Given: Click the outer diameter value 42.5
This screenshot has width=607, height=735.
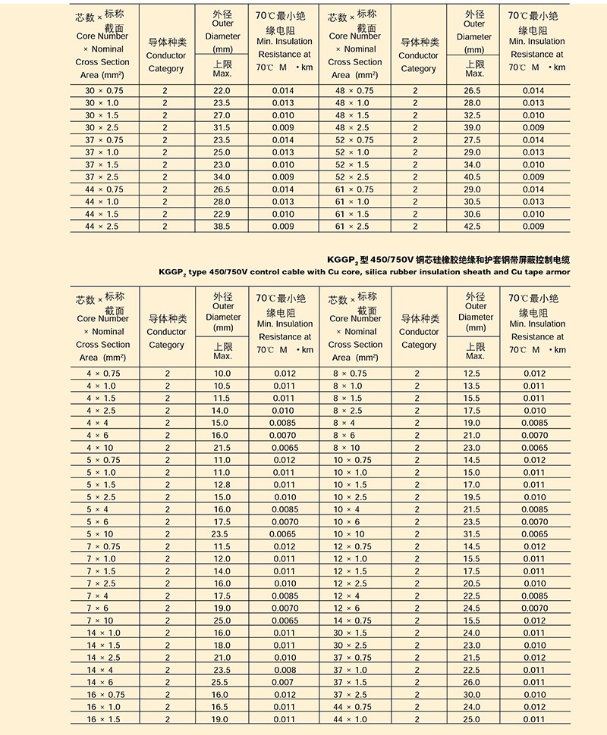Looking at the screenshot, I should pyautogui.click(x=472, y=226).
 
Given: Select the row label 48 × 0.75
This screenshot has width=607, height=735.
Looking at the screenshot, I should pyautogui.click(x=354, y=90).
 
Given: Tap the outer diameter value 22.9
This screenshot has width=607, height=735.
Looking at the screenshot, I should pyautogui.click(x=222, y=214).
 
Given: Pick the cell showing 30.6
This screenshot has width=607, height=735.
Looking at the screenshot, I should pyautogui.click(x=472, y=214).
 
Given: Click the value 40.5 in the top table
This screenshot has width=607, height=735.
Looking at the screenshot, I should pyautogui.click(x=472, y=177).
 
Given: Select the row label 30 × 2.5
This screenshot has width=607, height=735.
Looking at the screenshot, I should pyautogui.click(x=102, y=127).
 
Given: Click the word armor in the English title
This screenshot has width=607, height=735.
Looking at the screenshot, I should pyautogui.click(x=554, y=271).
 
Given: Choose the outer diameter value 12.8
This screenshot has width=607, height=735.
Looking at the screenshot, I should pyautogui.click(x=222, y=484).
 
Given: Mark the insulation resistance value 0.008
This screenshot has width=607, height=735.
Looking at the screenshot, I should pyautogui.click(x=285, y=670).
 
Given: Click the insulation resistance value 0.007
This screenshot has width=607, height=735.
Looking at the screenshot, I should pyautogui.click(x=285, y=682).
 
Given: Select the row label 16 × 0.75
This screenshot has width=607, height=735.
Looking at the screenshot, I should pyautogui.click(x=105, y=694).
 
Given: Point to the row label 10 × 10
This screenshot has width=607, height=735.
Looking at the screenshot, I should pyautogui.click(x=349, y=534).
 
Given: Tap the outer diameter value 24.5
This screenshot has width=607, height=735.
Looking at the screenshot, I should pyautogui.click(x=472, y=608).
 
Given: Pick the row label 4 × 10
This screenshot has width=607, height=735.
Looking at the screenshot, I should pyautogui.click(x=102, y=447).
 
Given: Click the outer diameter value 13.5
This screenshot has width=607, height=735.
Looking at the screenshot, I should pyautogui.click(x=472, y=386).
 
